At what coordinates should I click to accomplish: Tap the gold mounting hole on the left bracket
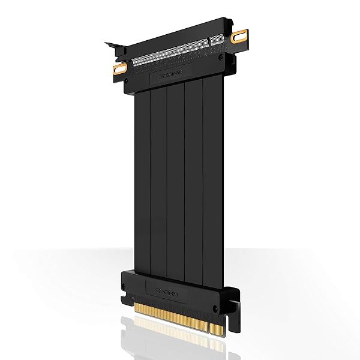coord(122,68)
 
